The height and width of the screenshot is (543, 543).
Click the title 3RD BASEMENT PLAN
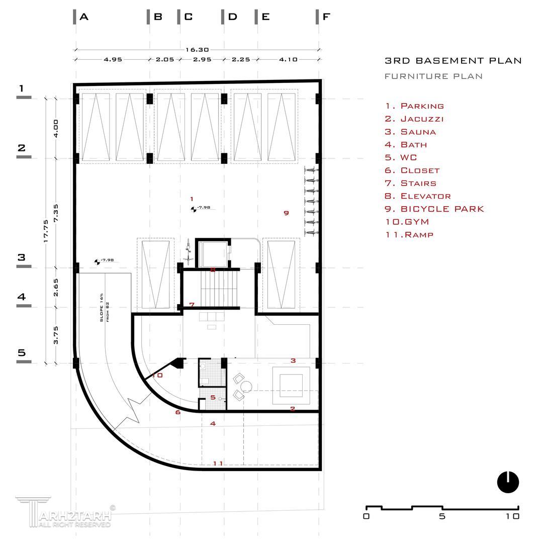pos(453,61)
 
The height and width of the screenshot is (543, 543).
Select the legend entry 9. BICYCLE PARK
pos(434,209)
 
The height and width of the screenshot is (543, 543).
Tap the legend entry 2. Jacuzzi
pos(414,119)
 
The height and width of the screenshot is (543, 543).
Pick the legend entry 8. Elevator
pos(418,196)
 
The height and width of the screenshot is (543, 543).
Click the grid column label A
pos(84,17)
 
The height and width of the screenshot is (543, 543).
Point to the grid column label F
pos(326,17)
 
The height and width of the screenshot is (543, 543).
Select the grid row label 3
pos(21,257)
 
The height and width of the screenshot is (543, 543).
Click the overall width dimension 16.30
pos(197,50)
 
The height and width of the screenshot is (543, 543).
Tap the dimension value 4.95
pos(113,59)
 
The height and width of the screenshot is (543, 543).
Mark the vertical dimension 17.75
pos(46,231)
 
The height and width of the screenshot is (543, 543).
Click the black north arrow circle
pos(508,482)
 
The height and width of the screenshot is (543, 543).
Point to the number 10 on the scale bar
pos(512,516)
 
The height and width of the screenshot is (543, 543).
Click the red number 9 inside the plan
pos(286,213)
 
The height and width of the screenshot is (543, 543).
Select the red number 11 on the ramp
pos(218,463)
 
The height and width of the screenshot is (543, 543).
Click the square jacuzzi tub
pos(291,386)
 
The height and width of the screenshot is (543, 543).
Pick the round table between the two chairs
pos(246,386)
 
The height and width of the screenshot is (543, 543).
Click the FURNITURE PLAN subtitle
pos(433,76)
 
